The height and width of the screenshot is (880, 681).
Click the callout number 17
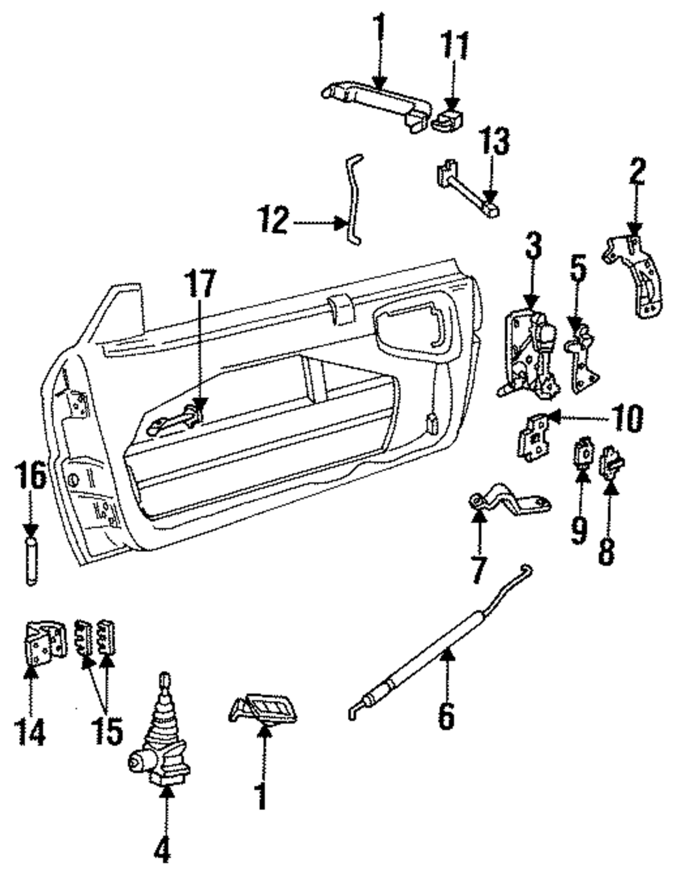tap(200, 284)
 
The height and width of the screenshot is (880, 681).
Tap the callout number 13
tap(494, 140)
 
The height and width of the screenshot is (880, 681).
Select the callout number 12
tap(274, 220)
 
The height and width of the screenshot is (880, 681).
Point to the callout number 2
tap(635, 171)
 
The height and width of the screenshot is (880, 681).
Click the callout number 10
tap(627, 419)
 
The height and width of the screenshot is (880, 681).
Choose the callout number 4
tap(162, 849)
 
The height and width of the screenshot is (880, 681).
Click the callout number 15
tap(108, 730)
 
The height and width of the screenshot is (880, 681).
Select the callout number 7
tap(479, 570)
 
